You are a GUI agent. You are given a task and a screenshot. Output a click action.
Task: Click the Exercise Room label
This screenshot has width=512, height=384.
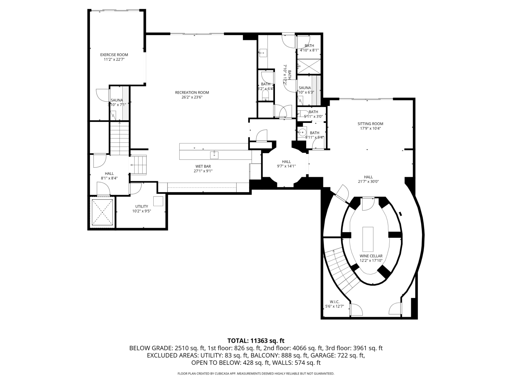[x=114, y=55]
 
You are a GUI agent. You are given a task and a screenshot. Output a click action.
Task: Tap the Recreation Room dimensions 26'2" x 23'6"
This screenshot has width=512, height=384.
[x=192, y=97]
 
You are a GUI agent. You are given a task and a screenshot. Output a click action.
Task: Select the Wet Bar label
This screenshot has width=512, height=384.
[x=203, y=166]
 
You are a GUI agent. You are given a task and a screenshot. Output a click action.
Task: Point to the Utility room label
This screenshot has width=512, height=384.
[x=142, y=206]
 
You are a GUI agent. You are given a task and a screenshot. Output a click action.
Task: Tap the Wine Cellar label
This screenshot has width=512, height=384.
[x=371, y=256]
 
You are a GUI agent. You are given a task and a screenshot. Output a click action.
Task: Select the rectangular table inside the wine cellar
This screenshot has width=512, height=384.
[x=368, y=239]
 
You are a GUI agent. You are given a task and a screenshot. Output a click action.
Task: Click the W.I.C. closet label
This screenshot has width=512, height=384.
[x=334, y=302]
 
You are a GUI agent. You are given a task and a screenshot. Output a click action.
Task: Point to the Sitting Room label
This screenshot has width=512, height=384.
[x=370, y=124]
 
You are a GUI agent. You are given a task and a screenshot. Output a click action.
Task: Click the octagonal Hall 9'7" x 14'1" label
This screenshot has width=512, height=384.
[x=286, y=162]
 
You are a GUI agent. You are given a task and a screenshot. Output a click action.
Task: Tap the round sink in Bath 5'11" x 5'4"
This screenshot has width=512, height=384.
[x=302, y=132]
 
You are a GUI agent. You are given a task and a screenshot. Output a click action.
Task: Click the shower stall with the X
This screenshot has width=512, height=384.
[x=309, y=66]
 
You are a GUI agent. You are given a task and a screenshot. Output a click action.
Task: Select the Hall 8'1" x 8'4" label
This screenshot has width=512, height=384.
[x=109, y=174]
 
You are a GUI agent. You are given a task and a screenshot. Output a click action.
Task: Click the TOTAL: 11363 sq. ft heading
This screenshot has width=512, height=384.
[x=256, y=341]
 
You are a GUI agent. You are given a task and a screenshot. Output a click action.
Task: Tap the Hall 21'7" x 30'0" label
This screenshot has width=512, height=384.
[x=369, y=177]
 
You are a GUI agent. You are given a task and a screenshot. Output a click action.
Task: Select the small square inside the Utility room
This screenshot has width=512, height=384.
[x=158, y=201]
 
